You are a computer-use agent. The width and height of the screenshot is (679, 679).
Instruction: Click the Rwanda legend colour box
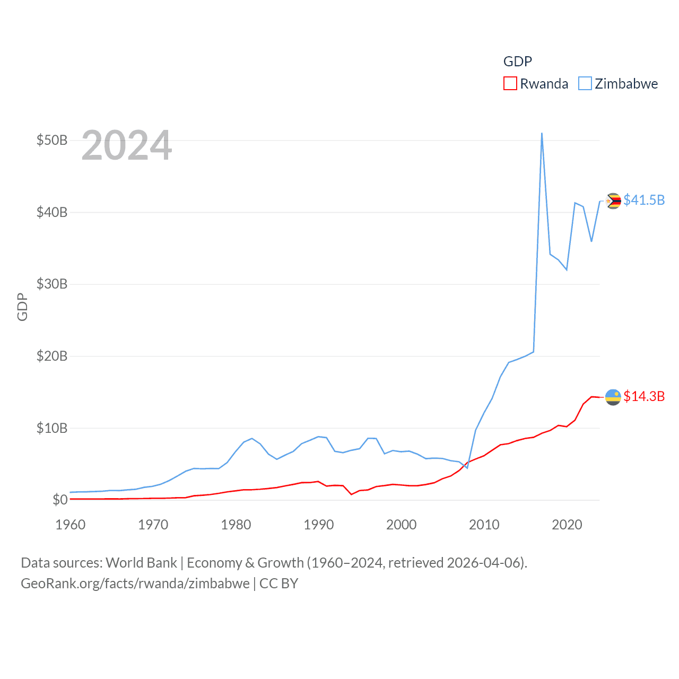510,84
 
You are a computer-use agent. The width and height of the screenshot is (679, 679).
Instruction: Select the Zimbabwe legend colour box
585,84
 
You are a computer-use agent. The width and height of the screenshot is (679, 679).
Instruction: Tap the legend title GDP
517,62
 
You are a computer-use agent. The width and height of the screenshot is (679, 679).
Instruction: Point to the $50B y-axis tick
52,141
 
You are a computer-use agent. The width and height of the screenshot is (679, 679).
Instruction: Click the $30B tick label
52,284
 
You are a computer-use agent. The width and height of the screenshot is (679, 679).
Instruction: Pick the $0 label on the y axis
60,500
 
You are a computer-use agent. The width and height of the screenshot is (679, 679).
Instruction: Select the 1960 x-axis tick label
71,525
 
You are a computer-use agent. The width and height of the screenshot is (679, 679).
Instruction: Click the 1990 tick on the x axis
319,525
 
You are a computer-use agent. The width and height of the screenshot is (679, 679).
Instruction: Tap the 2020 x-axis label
567,525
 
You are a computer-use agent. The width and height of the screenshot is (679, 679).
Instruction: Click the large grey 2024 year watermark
127,145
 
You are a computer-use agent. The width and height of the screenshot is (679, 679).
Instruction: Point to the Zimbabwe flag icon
613,201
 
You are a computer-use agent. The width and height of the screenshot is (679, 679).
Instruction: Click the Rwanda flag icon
613,397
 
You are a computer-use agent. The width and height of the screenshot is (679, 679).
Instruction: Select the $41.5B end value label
644,200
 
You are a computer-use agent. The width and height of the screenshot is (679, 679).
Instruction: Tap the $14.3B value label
644,396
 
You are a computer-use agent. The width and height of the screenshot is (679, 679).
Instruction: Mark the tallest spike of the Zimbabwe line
542,134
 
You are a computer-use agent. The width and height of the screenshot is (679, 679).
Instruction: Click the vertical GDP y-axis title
22,307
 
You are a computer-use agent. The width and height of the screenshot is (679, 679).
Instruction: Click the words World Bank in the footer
141,563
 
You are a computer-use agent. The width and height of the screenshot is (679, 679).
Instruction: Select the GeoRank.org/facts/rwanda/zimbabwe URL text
135,584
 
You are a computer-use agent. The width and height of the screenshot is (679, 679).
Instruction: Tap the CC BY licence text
278,584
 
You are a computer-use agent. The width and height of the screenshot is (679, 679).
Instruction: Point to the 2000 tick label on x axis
402,525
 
